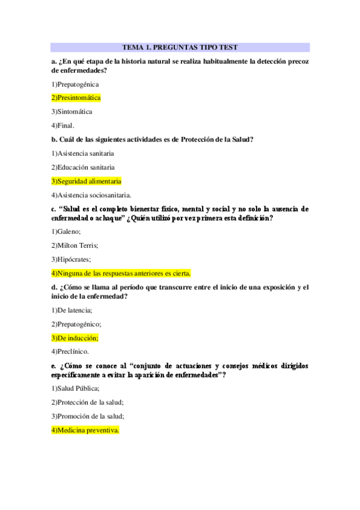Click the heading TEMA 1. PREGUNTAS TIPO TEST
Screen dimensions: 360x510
(x=180, y=47)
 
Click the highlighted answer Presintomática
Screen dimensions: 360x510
(x=76, y=97)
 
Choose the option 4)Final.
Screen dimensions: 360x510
(x=63, y=125)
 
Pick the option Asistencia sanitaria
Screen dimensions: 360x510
(x=82, y=153)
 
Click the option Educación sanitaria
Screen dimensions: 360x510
(x=83, y=167)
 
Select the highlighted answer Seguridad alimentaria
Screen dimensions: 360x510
(x=86, y=181)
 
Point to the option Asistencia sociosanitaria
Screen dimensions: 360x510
(x=91, y=195)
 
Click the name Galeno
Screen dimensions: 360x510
(x=66, y=232)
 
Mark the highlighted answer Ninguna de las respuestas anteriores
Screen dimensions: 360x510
(x=121, y=273)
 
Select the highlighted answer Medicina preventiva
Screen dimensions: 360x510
(x=85, y=430)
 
